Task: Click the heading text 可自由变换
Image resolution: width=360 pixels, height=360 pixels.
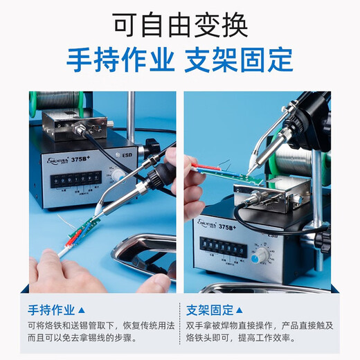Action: pyautogui.click(x=179, y=26)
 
